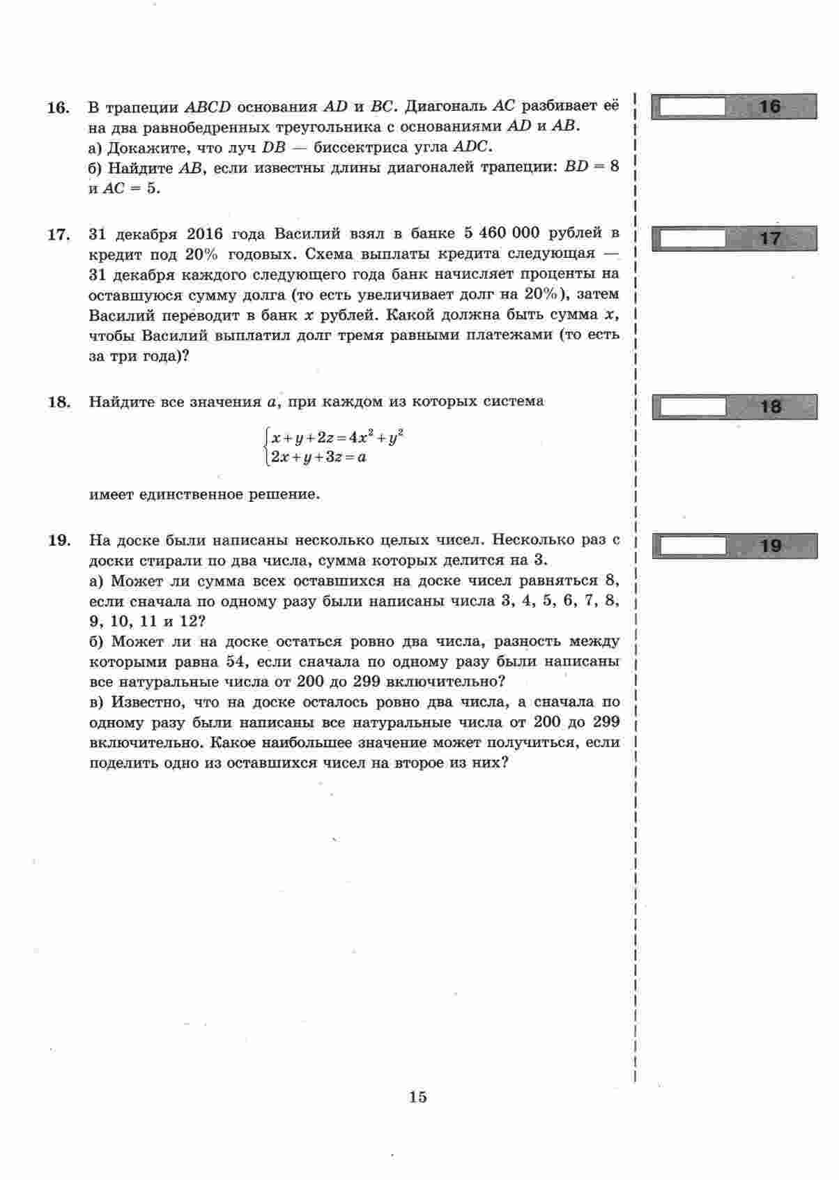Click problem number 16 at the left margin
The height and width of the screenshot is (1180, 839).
(x=59, y=107)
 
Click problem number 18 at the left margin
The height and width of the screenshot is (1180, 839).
(x=59, y=402)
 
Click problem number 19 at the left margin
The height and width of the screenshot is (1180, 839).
(x=59, y=540)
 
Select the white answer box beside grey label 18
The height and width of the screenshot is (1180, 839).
(x=692, y=406)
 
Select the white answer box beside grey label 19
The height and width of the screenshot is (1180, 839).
(x=692, y=546)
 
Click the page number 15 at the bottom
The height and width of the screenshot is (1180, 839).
(x=418, y=1096)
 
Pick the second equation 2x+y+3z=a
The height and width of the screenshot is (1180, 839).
(x=319, y=458)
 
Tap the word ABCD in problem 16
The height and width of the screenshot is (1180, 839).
(x=209, y=107)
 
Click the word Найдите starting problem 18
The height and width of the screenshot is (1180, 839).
(x=123, y=402)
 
